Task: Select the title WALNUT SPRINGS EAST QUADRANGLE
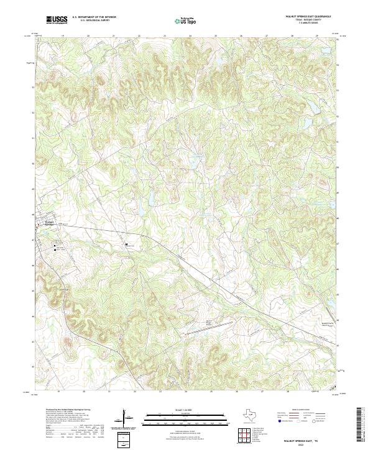click(x=308, y=16)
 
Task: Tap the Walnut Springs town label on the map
click(x=50, y=223)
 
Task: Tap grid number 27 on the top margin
click(x=266, y=36)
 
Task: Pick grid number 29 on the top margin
click(x=316, y=36)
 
